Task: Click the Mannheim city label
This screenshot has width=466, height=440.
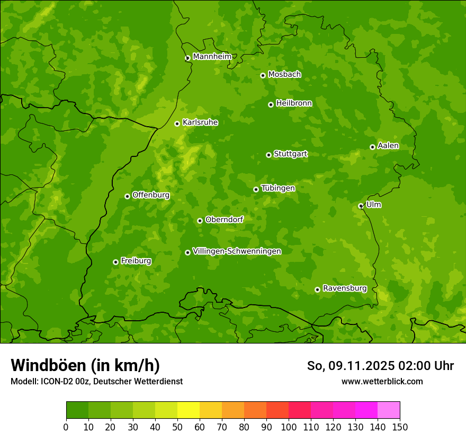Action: pyautogui.click(x=212, y=57)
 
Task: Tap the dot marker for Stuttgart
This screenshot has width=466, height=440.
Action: pyautogui.click(x=268, y=155)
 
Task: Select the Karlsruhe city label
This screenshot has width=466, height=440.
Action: pyautogui.click(x=200, y=122)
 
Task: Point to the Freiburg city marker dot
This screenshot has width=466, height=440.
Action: pyautogui.click(x=115, y=262)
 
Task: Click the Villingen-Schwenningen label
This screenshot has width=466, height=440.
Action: pyautogui.click(x=237, y=251)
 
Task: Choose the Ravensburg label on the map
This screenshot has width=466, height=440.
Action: pyautogui.click(x=345, y=288)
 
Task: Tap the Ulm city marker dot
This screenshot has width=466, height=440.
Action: pyautogui.click(x=361, y=206)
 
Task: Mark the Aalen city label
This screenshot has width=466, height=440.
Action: pyautogui.click(x=388, y=146)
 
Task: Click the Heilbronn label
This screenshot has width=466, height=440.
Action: pyautogui.click(x=294, y=103)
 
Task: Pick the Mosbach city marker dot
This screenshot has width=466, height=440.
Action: pyautogui.click(x=263, y=75)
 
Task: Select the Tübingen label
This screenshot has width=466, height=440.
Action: pyautogui.click(x=278, y=188)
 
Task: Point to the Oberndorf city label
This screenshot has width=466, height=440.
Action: pyautogui.click(x=225, y=219)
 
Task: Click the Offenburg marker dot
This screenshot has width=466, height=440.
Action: pyautogui.click(x=127, y=196)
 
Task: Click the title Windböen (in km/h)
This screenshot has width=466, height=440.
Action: pyautogui.click(x=85, y=365)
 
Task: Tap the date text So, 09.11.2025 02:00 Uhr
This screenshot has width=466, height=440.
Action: pyautogui.click(x=380, y=366)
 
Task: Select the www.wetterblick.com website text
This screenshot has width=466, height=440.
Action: pyautogui.click(x=382, y=381)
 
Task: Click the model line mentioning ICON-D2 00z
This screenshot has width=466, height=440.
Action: pyautogui.click(x=96, y=381)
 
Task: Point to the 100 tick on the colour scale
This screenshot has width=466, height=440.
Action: pyautogui.click(x=289, y=427)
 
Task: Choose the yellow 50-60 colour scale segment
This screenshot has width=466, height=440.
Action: pyautogui.click(x=189, y=410)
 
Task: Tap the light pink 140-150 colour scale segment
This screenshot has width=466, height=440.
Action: pyautogui.click(x=389, y=410)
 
